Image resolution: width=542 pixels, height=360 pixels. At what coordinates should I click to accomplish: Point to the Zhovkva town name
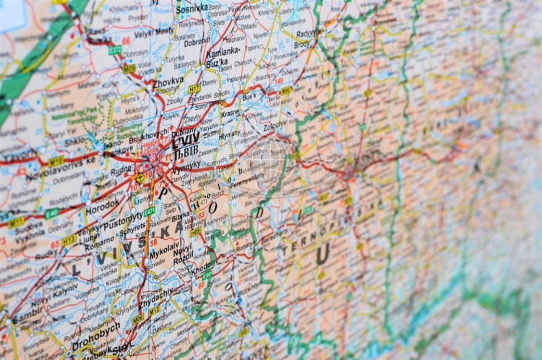point(168,82)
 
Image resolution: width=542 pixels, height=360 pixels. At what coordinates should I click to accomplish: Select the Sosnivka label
point(192,8)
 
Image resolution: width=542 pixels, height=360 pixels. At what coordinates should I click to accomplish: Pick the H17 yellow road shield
point(194,88)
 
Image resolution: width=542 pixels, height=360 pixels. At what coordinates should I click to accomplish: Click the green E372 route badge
point(115,50)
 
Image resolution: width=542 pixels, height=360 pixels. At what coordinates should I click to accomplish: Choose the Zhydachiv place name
point(155,293)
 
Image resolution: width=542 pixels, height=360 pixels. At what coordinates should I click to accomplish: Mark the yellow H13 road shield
point(69,239)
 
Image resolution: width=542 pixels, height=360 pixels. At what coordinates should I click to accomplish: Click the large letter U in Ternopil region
point(322,253)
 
